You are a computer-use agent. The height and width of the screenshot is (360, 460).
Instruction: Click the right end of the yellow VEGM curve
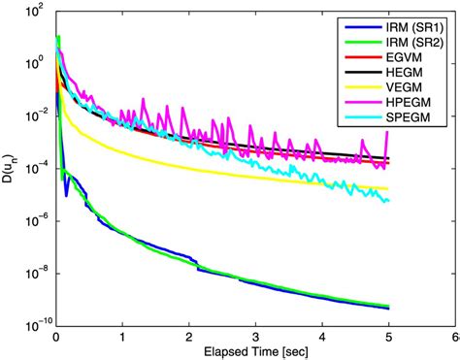coord(388,188)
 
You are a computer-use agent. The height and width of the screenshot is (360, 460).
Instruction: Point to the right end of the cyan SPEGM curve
coord(388,201)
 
